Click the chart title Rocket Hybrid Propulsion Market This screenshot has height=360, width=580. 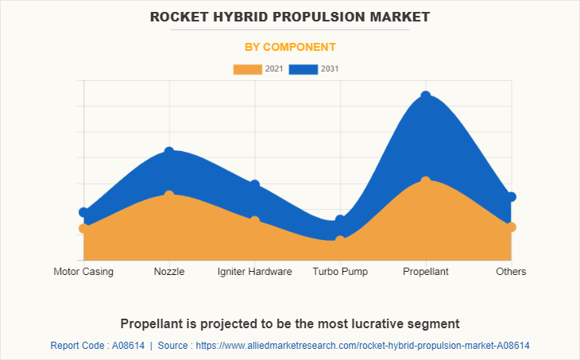point(289,16)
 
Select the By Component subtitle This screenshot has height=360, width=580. point(289,47)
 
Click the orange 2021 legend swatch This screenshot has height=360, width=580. point(247,69)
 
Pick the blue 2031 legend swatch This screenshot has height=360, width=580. point(304,69)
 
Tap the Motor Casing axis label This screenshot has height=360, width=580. point(83,272)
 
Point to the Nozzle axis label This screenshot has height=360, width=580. point(169,272)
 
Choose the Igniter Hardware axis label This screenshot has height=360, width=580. point(254,272)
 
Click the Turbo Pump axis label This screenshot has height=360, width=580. point(340,272)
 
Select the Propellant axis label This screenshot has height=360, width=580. point(426,272)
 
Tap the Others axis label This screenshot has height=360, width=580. point(511,272)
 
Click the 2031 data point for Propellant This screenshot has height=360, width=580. point(426,96)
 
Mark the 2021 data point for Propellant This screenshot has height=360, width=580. point(426,181)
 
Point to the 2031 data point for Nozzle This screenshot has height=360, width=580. point(169,151)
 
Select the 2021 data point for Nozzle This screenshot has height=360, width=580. point(169,195)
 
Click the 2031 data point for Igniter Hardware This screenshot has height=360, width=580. point(255,185)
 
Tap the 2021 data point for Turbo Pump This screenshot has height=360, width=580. point(340,240)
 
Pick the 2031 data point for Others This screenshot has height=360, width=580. point(512,197)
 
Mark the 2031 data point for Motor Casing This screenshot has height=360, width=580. point(83,212)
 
